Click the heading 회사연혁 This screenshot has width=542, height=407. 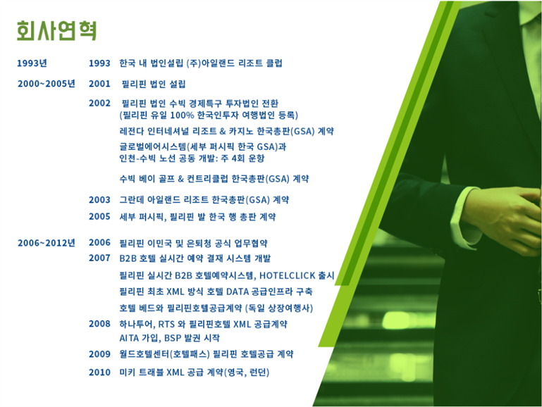(x=56, y=30)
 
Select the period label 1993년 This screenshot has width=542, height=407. (x=32, y=63)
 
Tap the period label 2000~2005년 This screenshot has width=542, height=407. (x=47, y=84)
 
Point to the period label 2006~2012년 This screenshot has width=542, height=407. (x=47, y=243)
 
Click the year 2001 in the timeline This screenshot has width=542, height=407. (x=99, y=84)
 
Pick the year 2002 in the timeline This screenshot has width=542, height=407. (x=99, y=103)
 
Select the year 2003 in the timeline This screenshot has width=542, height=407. (x=99, y=199)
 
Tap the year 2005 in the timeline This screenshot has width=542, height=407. (x=99, y=216)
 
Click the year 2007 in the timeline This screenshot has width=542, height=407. (x=99, y=258)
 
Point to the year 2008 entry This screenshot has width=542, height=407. (x=99, y=324)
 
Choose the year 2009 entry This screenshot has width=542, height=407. (x=99, y=354)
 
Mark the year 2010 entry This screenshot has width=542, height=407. (x=99, y=372)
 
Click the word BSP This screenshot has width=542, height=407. (x=173, y=337)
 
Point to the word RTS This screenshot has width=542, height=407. (x=166, y=324)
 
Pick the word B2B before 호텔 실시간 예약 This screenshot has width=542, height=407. (x=128, y=258)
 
